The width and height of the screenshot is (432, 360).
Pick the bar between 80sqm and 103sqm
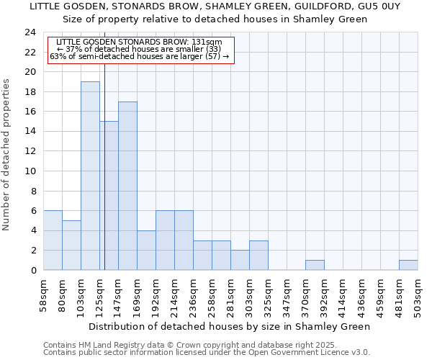71,245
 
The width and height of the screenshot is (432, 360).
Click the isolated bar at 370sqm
315,265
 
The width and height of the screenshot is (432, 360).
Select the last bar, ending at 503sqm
408,265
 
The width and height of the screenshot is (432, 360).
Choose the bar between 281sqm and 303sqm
240,260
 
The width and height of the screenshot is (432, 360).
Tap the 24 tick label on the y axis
30,32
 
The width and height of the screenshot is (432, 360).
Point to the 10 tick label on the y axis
30,171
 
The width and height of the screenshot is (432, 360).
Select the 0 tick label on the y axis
33,271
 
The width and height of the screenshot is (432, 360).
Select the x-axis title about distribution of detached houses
230,326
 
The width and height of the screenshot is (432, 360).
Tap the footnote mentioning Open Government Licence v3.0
207,352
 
